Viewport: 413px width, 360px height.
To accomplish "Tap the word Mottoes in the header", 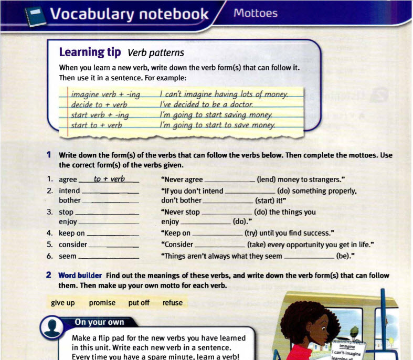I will tap(256, 13).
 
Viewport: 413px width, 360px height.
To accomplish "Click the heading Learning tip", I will tap(90, 52).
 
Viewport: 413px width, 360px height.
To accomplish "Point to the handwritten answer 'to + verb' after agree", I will tap(109, 179).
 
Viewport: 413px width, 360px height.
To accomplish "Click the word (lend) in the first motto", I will tap(267, 179).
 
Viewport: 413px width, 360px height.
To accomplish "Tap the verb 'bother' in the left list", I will tap(70, 200).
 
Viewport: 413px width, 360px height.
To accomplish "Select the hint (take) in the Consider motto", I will tap(257, 244).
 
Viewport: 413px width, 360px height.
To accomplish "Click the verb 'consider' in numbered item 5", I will tap(73, 244).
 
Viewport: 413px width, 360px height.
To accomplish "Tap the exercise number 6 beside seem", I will tap(49, 256).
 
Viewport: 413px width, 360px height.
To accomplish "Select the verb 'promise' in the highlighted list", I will tap(102, 303).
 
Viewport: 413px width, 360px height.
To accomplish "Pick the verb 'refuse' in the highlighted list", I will tap(173, 303).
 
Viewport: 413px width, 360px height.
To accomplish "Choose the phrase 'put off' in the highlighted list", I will tap(139, 303).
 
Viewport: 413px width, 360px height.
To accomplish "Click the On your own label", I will tap(99, 322).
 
